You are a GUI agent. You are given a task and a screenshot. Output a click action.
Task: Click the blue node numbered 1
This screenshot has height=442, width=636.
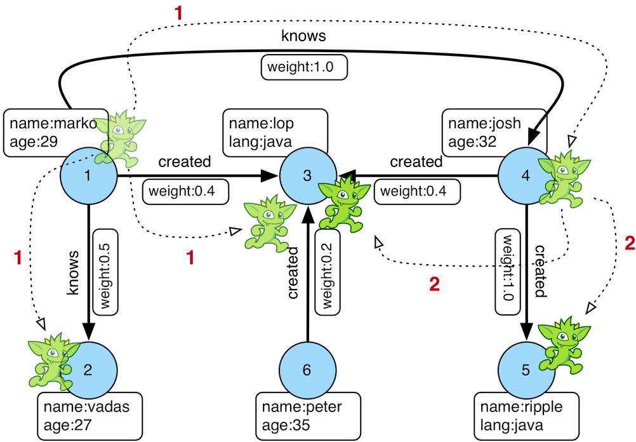pos(88,177)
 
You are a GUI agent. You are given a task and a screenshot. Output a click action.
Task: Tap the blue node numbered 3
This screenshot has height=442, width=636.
pos(307,177)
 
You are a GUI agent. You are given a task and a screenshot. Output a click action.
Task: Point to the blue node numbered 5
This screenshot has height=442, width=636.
pos(525,370)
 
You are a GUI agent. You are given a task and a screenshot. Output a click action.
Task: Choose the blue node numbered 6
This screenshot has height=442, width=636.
pos(307,370)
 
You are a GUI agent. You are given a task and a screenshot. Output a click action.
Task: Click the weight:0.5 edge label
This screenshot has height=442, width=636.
pos(104,271)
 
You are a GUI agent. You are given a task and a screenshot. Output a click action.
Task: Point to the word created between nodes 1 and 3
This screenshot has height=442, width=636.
pos(184,162)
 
